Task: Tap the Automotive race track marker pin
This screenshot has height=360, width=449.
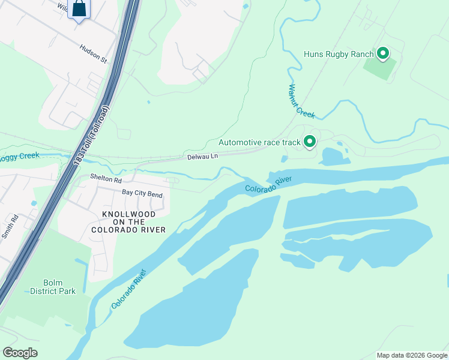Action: point(310,142)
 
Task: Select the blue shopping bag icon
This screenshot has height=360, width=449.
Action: point(79,9)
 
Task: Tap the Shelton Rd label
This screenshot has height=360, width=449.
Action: point(106,179)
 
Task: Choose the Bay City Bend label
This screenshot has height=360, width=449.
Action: point(142,193)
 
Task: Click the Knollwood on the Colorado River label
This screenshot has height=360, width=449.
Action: point(129,222)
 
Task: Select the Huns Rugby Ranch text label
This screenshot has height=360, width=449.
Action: point(339,55)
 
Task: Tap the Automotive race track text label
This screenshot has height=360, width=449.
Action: point(259,143)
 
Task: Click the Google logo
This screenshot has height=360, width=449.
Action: point(20,353)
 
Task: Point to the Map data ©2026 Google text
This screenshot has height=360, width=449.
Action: point(412,355)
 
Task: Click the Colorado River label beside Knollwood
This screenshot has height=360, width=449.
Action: point(128,289)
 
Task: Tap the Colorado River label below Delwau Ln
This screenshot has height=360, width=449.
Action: point(268,185)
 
